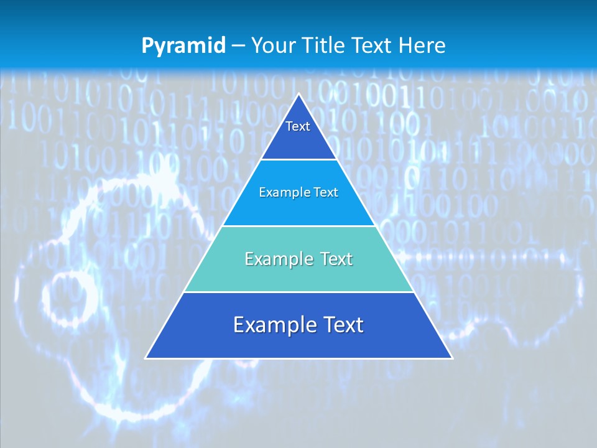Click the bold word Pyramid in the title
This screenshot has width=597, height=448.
tap(183, 45)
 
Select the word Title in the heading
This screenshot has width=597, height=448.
tap(326, 45)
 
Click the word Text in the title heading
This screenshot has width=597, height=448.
tap(373, 45)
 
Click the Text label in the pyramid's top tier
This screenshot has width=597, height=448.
tap(298, 126)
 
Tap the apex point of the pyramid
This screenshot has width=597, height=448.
tap(299, 94)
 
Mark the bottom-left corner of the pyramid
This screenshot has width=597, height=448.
tap(146, 358)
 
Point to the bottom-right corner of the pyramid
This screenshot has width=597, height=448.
tap(451, 358)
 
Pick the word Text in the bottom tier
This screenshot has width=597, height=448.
tap(344, 325)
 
